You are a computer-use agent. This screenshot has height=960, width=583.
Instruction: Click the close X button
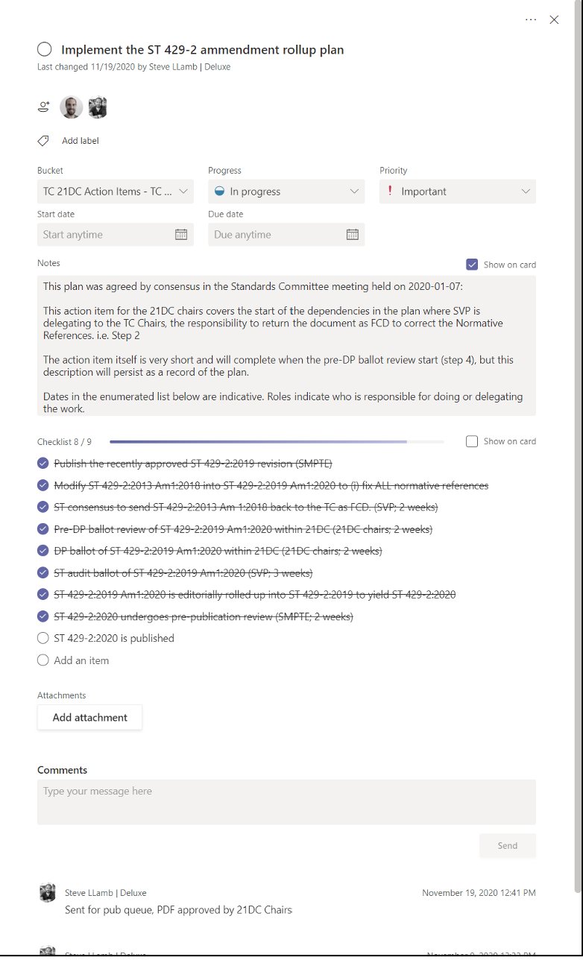554,20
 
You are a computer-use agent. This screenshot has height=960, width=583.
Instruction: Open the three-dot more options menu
531,20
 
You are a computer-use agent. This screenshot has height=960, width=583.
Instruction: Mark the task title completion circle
45,50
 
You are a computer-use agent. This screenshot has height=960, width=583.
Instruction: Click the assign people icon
44,107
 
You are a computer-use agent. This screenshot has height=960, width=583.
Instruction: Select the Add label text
80,141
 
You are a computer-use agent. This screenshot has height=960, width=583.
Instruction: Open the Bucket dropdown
115,192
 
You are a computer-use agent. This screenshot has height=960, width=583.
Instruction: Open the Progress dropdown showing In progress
286,192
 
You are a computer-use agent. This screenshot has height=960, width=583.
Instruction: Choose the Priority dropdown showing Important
457,192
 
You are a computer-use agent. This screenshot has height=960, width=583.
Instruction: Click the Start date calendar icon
181,235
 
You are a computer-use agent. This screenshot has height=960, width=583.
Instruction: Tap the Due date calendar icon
353,235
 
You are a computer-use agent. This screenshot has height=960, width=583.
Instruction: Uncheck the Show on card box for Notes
472,265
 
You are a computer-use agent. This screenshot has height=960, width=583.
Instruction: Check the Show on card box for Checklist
472,441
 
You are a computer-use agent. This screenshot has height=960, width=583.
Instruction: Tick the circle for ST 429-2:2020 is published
43,638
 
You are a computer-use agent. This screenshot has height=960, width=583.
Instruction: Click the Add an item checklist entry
81,660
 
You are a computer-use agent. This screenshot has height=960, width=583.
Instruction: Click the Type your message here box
286,801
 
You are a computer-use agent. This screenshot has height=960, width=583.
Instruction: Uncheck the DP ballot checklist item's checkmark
43,551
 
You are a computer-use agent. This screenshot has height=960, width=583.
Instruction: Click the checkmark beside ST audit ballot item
43,573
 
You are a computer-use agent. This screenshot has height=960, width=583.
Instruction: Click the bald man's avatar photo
72,107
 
